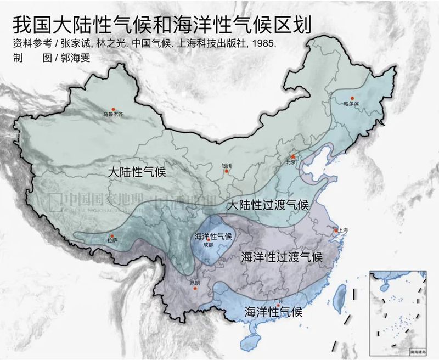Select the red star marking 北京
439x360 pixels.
point(293,156)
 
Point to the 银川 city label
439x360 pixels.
point(227,165)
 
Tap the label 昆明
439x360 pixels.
point(195,284)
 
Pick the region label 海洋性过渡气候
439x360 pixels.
point(282,257)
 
